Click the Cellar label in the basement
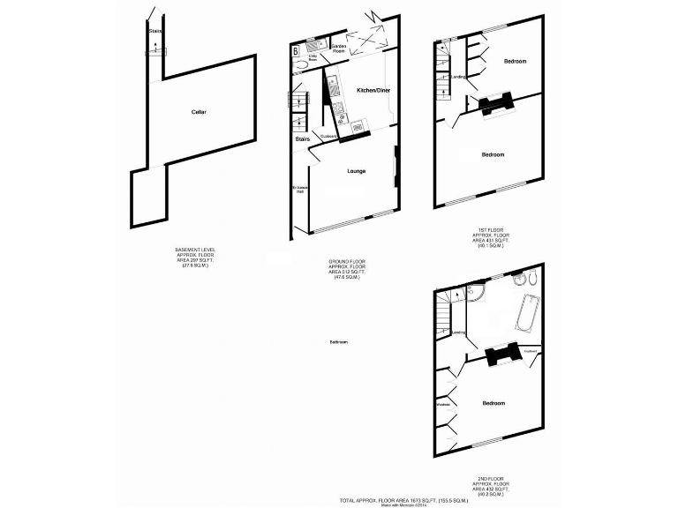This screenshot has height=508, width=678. click(x=199, y=111)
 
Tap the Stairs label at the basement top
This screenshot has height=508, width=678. click(x=155, y=31)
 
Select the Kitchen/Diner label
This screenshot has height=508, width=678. click(x=373, y=90)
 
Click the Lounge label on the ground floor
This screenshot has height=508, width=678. click(x=356, y=171)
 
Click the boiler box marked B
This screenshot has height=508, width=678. click(x=295, y=50)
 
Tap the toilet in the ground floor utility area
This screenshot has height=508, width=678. click(x=301, y=68)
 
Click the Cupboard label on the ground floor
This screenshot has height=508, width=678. click(x=328, y=135)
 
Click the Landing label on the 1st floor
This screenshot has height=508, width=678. click(x=457, y=77)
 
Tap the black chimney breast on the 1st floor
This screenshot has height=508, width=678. click(x=495, y=103)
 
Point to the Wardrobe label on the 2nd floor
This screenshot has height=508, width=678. click(x=445, y=406)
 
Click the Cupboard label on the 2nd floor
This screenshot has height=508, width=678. click(x=530, y=352)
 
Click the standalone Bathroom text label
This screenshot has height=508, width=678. click(x=339, y=341)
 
